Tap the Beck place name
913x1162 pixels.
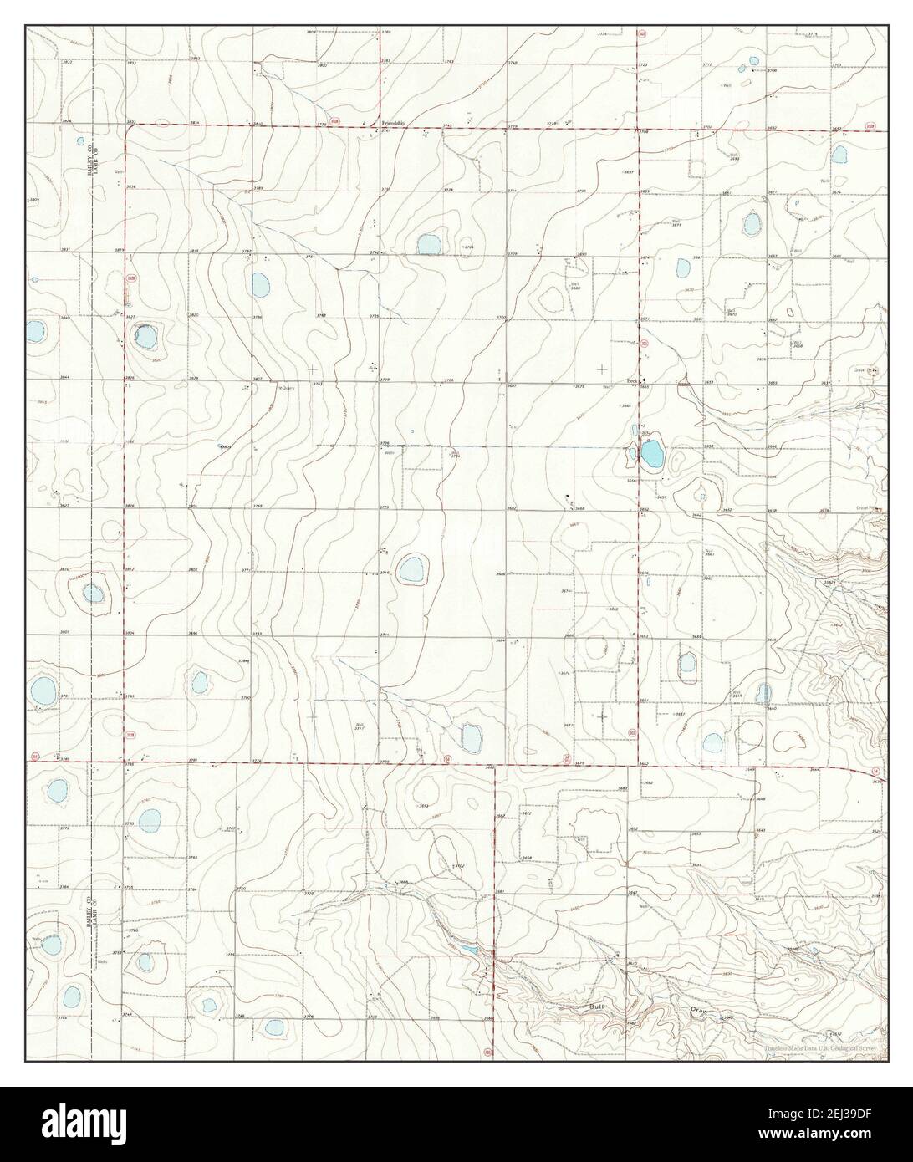633,380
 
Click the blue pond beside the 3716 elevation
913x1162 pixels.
411,570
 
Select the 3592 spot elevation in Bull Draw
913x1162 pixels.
727,1017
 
